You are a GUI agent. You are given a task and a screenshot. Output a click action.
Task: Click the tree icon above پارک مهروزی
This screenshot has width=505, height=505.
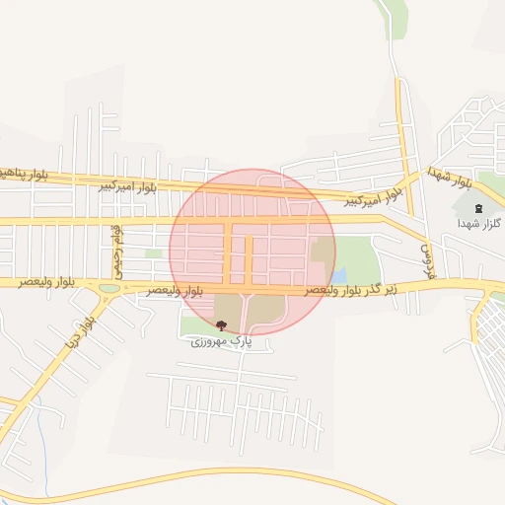click(220, 325)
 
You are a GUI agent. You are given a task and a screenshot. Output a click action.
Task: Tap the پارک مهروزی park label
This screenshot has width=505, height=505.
click(222, 340)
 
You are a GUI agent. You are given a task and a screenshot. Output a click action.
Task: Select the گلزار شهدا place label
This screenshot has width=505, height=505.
click(480, 224)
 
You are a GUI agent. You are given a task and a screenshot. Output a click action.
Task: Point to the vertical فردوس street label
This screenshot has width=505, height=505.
click(429, 260)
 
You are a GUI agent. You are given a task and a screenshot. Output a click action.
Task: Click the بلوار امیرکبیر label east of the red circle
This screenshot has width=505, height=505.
click(375, 198)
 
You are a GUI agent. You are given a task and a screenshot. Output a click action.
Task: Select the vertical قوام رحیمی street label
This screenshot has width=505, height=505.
click(116, 248)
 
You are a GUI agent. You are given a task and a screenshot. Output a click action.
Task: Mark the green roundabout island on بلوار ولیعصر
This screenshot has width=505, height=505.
click(109, 288)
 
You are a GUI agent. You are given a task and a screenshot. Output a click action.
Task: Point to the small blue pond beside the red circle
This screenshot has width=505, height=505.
click(339, 276)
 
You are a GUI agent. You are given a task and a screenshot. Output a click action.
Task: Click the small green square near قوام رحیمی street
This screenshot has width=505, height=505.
click(153, 253)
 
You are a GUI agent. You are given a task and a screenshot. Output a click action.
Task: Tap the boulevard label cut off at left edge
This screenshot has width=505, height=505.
click(24, 174)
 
